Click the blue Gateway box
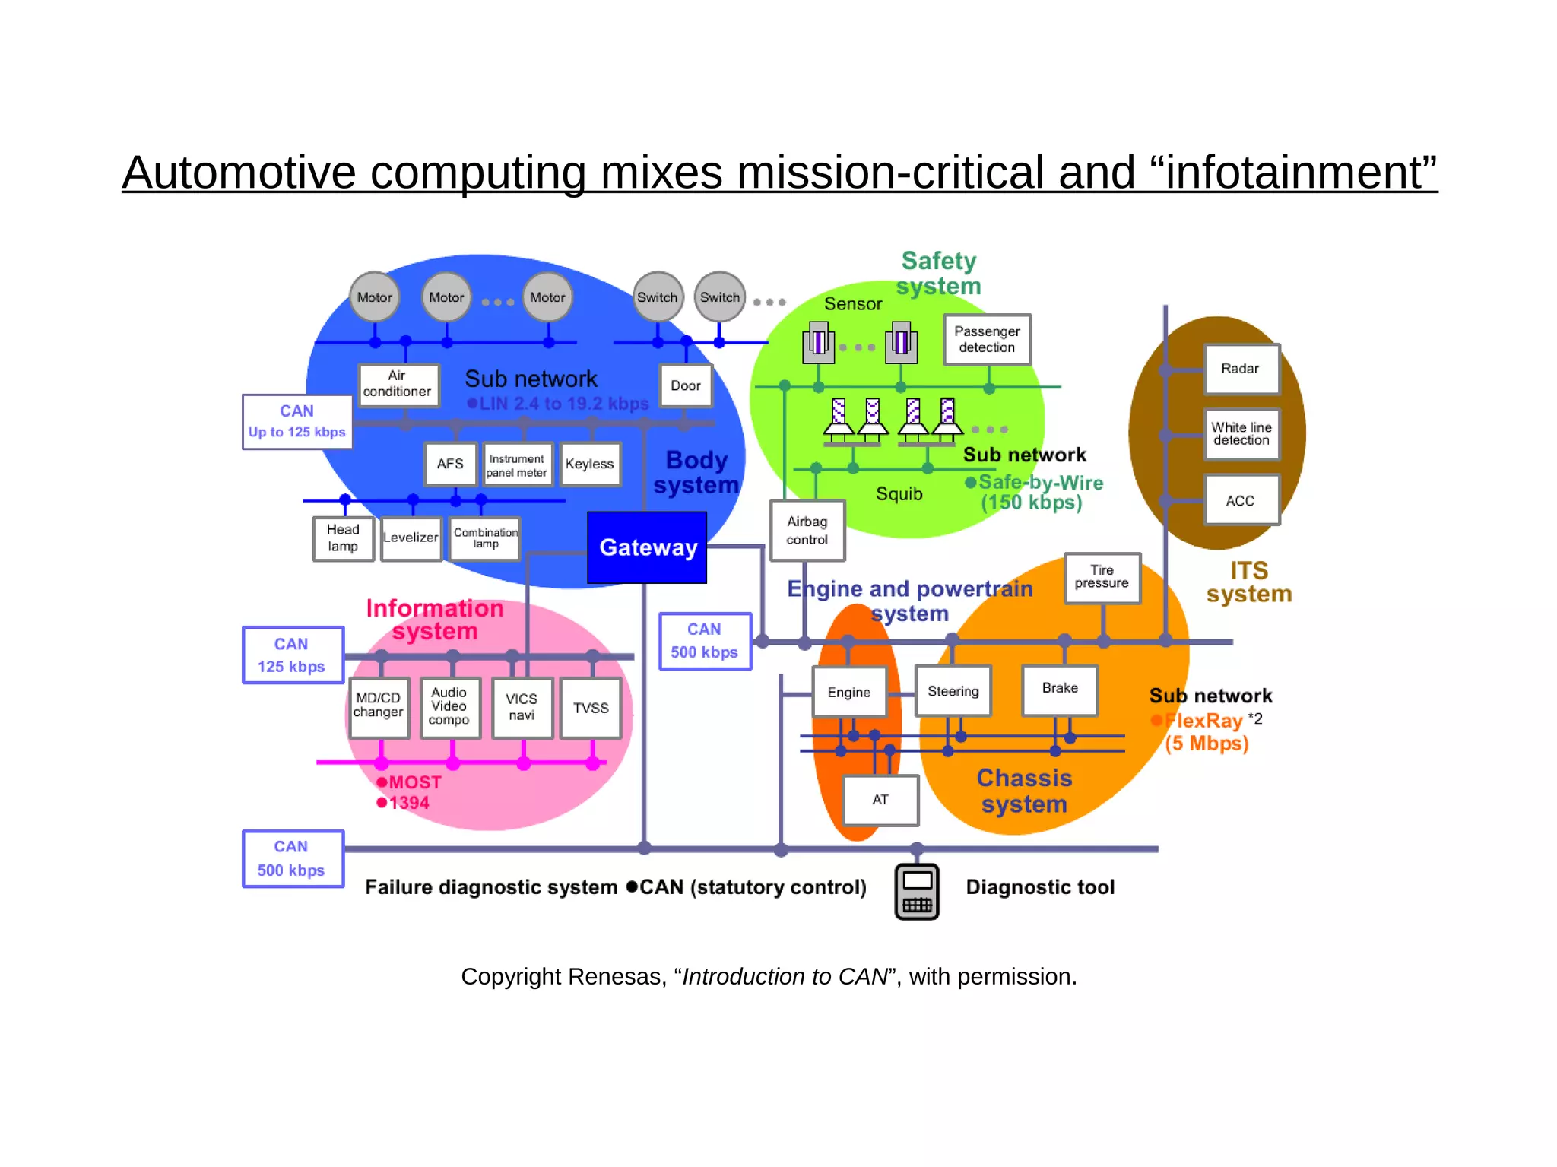647,547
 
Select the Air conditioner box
398,384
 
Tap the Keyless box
590,464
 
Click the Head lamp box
343,538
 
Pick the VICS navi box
522,707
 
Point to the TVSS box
591,708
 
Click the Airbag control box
807,531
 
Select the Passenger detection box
987,340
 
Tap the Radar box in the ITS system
1241,369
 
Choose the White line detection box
1241,434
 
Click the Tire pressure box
1102,578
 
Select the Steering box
953,691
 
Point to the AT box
880,800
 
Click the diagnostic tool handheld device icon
917,892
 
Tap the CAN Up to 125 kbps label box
297,422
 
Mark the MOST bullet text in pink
414,782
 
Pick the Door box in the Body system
686,386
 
